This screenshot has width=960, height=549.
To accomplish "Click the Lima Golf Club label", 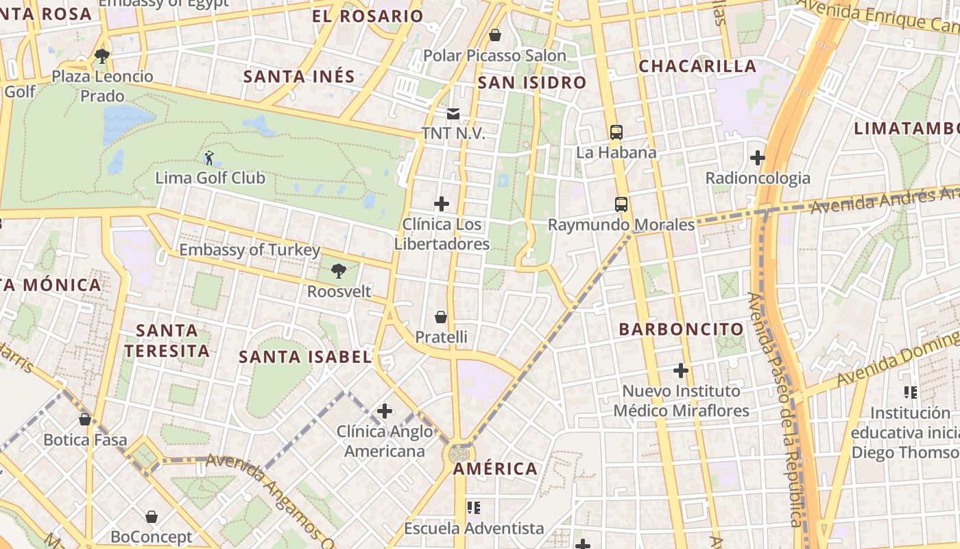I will (210, 178).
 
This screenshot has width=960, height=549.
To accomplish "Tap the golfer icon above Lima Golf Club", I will (209, 158).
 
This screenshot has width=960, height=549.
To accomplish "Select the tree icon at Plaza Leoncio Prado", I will (102, 56).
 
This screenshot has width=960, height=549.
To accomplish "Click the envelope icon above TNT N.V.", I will (453, 113).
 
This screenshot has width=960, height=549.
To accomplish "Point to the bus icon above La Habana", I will (616, 132).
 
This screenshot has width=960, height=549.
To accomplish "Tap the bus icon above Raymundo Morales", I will (621, 204).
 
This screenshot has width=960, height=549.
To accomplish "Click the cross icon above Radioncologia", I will (757, 158).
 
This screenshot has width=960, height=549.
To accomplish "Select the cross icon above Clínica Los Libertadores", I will (442, 204).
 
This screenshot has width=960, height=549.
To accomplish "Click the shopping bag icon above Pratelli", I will (441, 317).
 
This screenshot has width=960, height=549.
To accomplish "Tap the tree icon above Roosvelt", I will (338, 271).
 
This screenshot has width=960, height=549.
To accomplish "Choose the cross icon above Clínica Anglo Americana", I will (385, 411).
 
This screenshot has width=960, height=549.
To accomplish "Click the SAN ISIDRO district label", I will (532, 83).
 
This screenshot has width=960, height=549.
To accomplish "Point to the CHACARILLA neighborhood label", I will (697, 67).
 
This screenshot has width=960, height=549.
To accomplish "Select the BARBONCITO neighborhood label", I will (681, 329).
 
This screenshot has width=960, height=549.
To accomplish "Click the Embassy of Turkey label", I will (250, 250).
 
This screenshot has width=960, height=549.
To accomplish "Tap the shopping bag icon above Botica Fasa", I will (85, 419).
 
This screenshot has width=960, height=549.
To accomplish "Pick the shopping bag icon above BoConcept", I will (152, 517).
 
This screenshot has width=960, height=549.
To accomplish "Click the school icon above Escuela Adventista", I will (473, 508).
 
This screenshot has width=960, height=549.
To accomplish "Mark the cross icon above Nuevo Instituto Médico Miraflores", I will (680, 371).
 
